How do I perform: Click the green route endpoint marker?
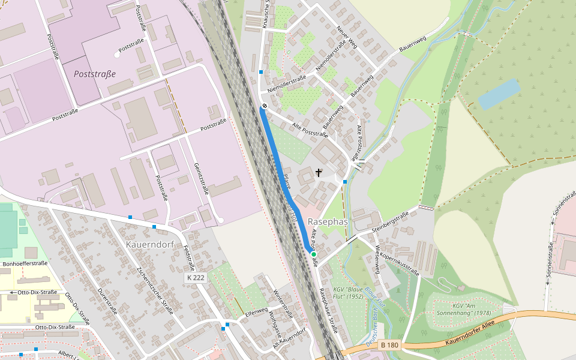tap(313, 254)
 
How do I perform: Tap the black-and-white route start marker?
tap(264, 106)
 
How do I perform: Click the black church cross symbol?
tap(319, 173)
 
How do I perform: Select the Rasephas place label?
tap(328, 221)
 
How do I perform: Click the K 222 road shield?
tap(195, 278)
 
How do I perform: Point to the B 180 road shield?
tap(389, 344)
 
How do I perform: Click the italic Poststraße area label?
tap(94, 74)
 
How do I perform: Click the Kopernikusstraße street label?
tap(399, 262)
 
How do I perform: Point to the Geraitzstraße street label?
tap(200, 179)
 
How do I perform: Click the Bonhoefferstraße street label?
tap(25, 263)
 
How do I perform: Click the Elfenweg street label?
tap(256, 313)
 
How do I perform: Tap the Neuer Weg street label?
tap(347, 38)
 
